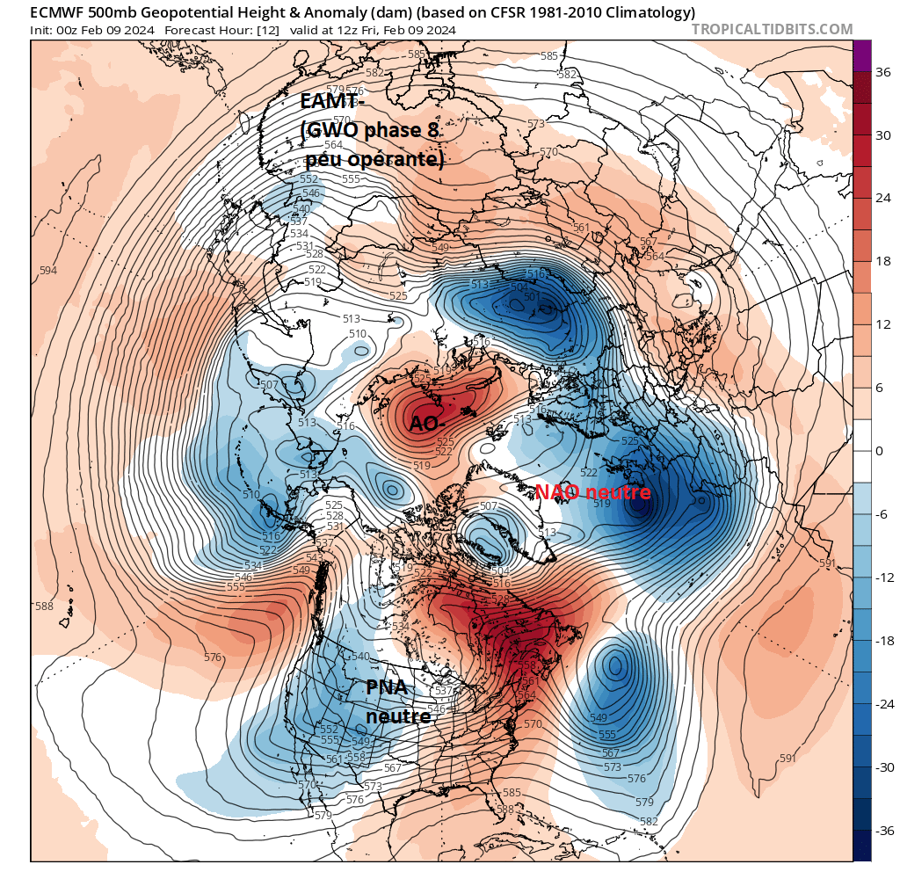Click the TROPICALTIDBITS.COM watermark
(x=772, y=29)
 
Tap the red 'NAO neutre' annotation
(x=592, y=492)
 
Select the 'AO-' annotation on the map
(x=426, y=424)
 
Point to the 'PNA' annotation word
(x=388, y=686)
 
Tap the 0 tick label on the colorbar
(x=879, y=451)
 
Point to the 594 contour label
(x=48, y=271)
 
